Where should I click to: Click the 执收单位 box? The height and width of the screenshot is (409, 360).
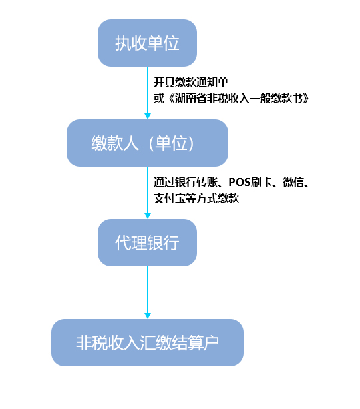pos(147,43)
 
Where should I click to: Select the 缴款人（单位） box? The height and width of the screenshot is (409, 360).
pos(147,143)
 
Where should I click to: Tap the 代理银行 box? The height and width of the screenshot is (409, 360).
pos(147,242)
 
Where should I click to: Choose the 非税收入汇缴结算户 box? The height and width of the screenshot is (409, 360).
pos(147,342)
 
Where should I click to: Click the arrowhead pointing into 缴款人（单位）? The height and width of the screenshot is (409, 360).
pos(148,116)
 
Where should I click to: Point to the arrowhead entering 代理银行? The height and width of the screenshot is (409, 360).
pos(148,216)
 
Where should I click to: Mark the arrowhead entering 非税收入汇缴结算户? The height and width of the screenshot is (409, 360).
pos(148,316)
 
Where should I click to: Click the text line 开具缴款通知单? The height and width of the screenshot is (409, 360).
pos(191,82)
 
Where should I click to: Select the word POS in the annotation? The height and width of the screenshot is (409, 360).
pos(240,182)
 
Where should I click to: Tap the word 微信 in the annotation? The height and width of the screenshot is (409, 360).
pos(293,182)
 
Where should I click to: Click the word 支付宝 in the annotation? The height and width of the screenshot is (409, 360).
pos(170,199)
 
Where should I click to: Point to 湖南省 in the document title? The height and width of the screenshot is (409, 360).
pos(191,99)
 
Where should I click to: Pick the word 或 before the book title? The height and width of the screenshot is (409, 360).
pos(159,99)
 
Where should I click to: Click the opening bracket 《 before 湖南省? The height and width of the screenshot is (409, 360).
pos(170,99)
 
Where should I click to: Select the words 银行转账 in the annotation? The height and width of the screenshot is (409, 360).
pos(196,182)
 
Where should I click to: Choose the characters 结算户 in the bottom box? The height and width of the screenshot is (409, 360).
pos(195,343)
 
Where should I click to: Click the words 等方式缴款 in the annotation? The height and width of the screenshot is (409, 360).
pos(212,199)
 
